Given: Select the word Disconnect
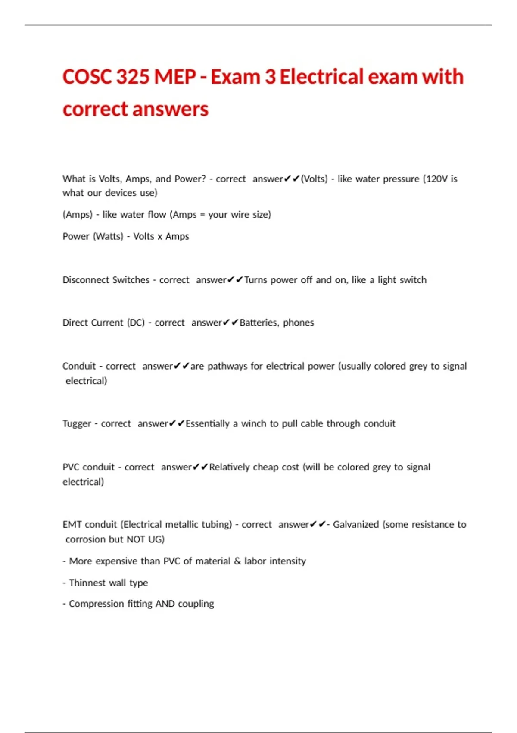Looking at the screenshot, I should (x=84, y=280).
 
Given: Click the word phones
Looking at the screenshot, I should (x=299, y=323).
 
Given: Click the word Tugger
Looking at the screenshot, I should (x=77, y=424).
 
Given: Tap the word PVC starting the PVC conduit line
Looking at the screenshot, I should (x=71, y=467).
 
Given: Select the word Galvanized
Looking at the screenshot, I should (x=356, y=524).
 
